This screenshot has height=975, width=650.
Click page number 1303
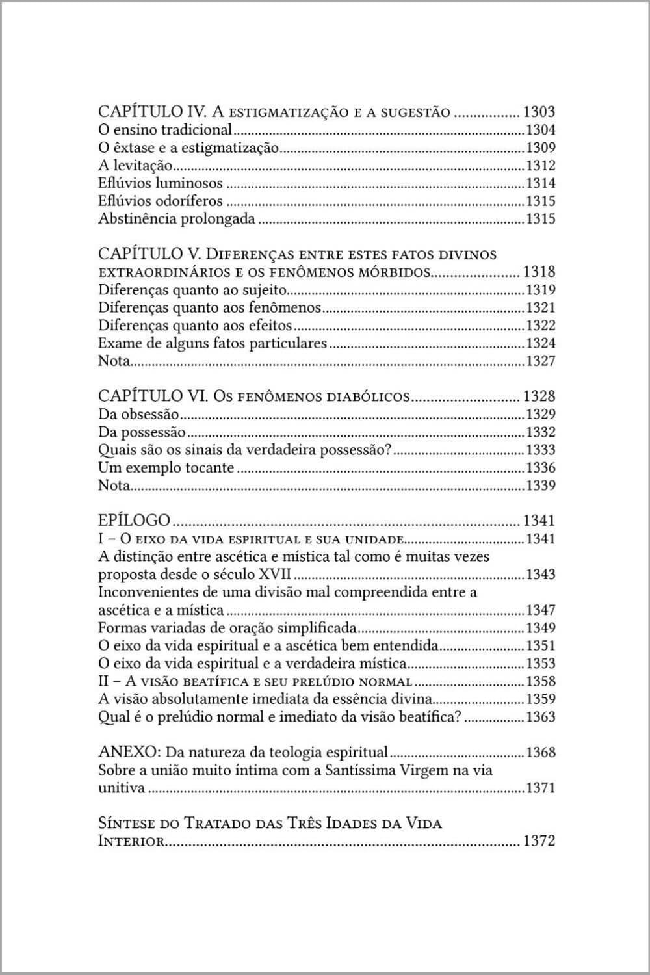pos(539,112)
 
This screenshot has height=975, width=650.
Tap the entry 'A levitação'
pos(135,166)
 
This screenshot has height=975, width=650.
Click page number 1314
pos(540,183)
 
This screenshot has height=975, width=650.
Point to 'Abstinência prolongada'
pos(176,219)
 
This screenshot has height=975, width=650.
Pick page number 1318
pos(539,272)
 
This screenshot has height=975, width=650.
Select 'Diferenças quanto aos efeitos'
pos(195,326)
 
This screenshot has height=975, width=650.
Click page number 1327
pos(540,361)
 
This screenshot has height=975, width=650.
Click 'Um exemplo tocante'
pos(166,468)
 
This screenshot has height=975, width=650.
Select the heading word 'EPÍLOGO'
pos(134,521)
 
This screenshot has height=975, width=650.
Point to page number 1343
pos(540,575)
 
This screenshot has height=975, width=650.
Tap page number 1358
pos(540,681)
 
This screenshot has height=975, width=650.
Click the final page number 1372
pos(539,841)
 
